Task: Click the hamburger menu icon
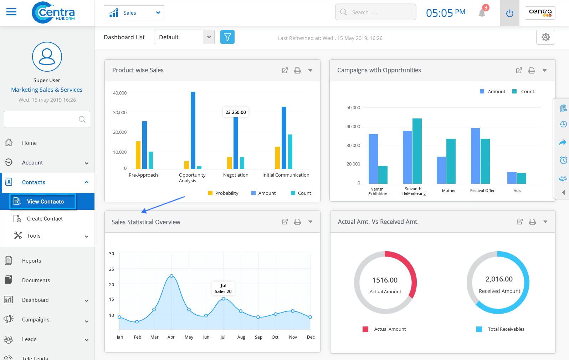pos(11,12)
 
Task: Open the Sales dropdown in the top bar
pos(134,13)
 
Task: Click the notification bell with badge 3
pos(482,13)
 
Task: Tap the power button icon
pos(510,13)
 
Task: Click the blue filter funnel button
pos(227,37)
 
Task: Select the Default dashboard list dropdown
pos(184,37)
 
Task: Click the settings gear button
pos(545,37)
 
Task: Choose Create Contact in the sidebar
pos(45,219)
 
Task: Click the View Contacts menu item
pos(45,202)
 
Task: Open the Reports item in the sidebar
pos(32,261)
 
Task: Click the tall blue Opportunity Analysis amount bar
pos(193,130)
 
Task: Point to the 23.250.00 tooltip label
pos(236,112)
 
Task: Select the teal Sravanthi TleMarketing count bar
pos(417,151)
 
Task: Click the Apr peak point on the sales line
pos(171,276)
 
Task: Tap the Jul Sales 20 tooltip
pos(223,288)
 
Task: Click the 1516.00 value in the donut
pos(385,280)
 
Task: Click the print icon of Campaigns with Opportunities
pos(532,70)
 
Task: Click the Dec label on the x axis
pos(311,337)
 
